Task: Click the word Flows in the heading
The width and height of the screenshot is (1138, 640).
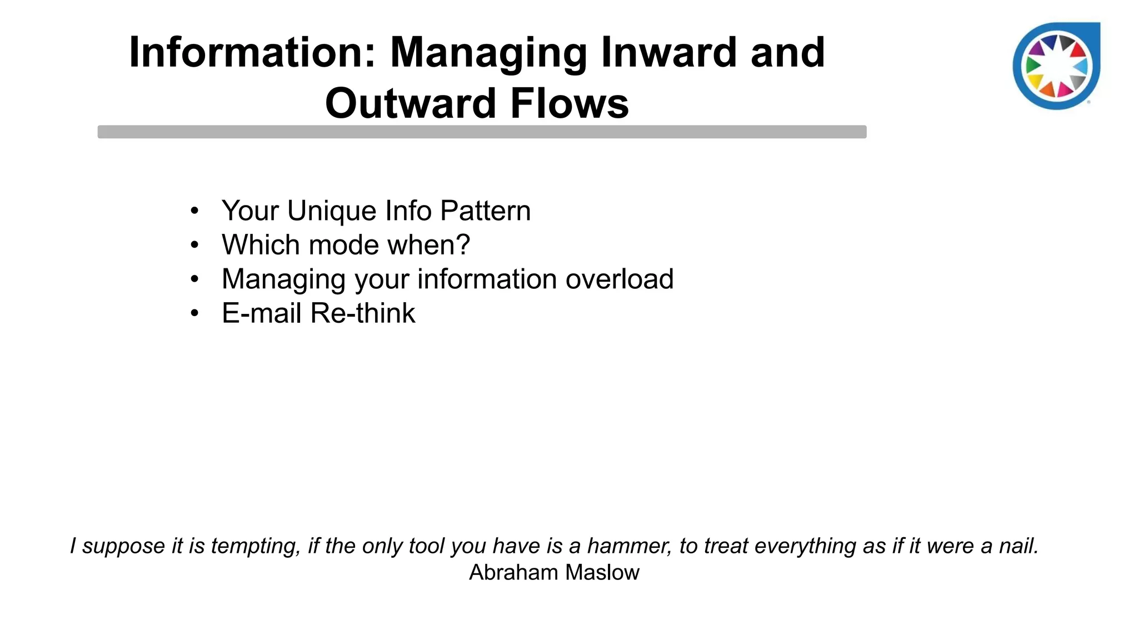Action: point(570,103)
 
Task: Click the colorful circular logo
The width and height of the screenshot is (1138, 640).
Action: point(1056,67)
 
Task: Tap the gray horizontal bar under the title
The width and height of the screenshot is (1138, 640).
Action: point(482,132)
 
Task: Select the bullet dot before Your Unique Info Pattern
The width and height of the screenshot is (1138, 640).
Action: point(194,211)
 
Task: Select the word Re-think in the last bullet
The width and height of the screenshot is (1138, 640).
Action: point(362,313)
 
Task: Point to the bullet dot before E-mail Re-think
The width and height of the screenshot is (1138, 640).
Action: point(194,313)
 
